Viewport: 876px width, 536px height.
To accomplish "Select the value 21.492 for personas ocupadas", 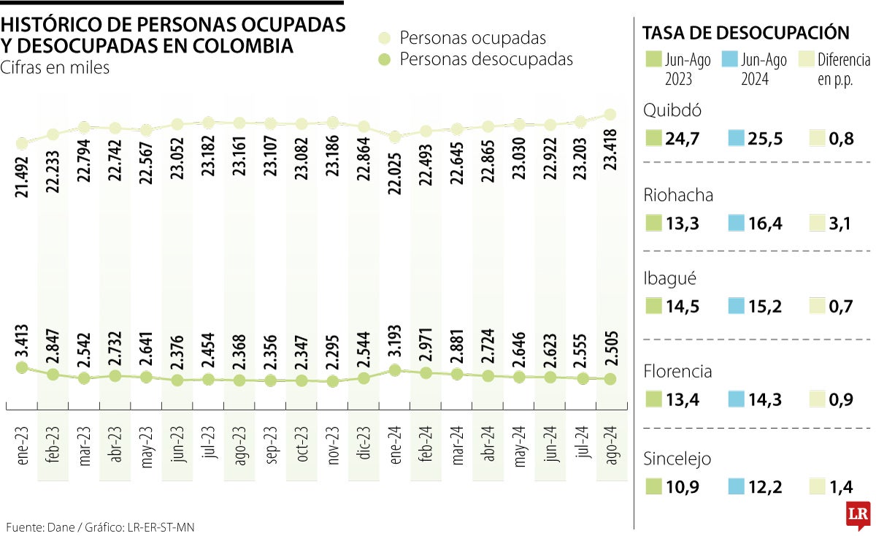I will click(22, 175).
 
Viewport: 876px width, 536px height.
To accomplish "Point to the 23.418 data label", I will click(612, 149).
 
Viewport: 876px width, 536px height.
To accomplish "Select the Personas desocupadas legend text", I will click(486, 59).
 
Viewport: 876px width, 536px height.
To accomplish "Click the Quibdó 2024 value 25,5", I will click(764, 139).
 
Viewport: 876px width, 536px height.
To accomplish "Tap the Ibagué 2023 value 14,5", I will click(682, 307).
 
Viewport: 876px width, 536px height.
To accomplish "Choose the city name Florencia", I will click(677, 372).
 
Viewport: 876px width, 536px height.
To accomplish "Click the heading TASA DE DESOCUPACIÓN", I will click(745, 32).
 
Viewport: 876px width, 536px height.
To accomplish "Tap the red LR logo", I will click(858, 516).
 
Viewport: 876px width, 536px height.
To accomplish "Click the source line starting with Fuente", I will click(101, 527).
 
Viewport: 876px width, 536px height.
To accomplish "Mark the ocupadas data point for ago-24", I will click(612, 114).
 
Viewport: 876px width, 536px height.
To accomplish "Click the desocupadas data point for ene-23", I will click(22, 367).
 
